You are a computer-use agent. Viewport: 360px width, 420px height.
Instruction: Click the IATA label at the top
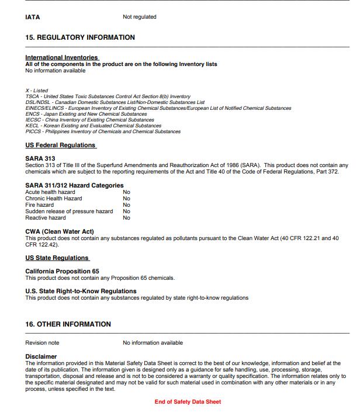33,17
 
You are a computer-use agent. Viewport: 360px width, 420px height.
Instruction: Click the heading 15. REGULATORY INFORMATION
80,37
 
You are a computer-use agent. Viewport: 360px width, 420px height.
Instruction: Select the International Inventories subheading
62,57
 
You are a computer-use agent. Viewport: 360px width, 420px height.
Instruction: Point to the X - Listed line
36,91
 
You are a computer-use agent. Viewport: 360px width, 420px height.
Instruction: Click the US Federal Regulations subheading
60,145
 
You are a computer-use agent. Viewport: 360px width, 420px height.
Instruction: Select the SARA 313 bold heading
40,158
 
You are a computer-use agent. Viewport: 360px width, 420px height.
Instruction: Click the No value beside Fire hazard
126,205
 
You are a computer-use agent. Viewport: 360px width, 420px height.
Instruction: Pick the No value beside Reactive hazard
126,218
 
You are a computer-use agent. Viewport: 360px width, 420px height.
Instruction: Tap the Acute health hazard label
50,192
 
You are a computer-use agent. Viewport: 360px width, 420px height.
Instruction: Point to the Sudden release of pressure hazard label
69,211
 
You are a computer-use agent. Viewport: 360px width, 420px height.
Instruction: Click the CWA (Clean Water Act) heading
60,232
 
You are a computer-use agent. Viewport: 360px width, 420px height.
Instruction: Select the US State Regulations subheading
57,258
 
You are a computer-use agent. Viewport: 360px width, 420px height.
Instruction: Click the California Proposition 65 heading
63,272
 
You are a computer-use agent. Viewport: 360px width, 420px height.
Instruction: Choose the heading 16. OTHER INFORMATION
68,324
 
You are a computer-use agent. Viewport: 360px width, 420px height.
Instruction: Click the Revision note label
42,343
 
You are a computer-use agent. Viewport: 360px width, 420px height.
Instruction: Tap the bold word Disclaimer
41,356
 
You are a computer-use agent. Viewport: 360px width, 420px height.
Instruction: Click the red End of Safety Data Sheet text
188,402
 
